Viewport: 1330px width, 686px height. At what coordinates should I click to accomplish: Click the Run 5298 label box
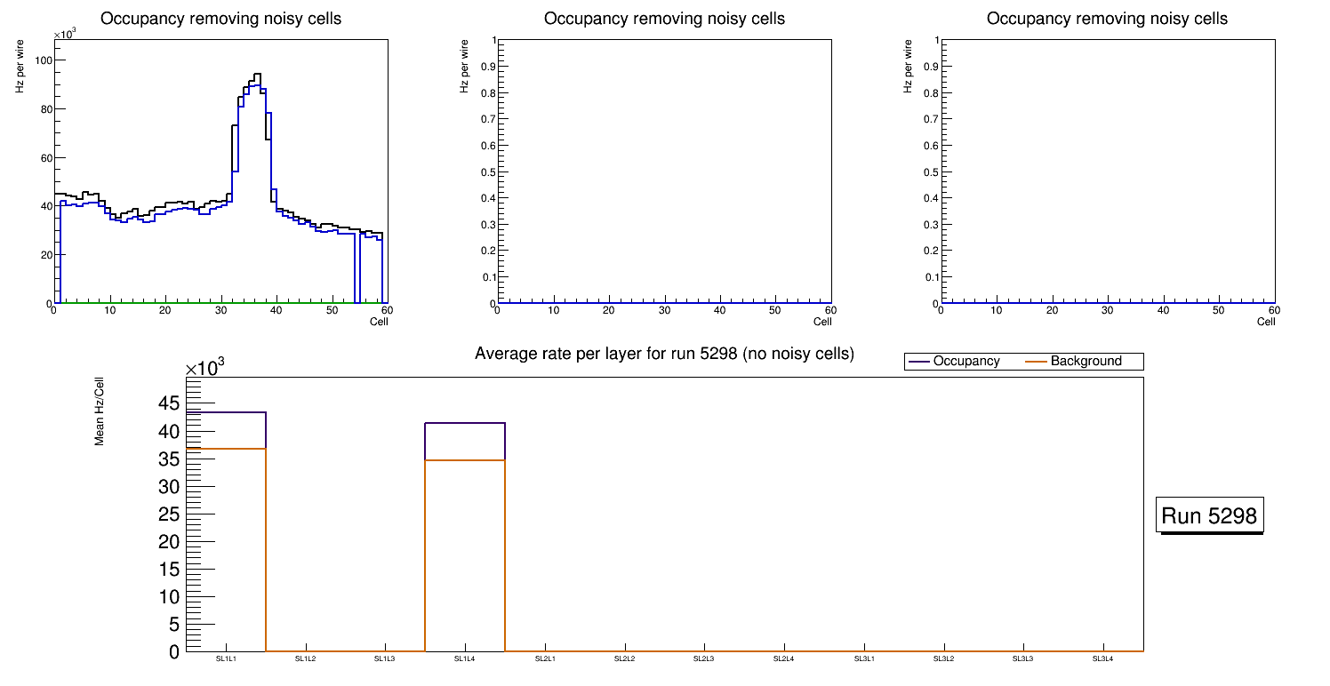[x=1209, y=515]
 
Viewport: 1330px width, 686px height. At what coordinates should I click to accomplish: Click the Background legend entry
[x=1086, y=362]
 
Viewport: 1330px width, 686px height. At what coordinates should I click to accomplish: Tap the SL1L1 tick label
[x=226, y=658]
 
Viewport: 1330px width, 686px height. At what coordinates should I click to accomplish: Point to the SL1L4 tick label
[x=465, y=658]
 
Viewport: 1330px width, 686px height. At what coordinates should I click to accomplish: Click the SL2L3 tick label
[x=704, y=658]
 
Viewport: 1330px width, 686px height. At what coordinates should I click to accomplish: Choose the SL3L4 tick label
[x=1103, y=658]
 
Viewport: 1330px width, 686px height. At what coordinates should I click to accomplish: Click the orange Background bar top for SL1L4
[x=465, y=460]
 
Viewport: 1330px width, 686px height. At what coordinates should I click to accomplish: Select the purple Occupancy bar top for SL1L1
[x=226, y=412]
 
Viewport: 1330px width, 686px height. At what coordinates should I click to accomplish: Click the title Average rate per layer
[x=664, y=354]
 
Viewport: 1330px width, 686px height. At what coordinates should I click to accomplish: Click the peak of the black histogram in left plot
[x=257, y=74]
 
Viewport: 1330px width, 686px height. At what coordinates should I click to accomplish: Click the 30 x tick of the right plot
[x=1108, y=310]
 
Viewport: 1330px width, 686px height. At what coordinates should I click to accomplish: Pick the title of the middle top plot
[x=664, y=19]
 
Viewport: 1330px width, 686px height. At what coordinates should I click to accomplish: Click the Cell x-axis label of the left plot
[x=379, y=321]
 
